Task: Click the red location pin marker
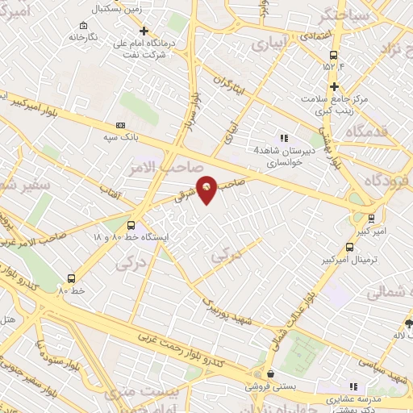pos(207,189)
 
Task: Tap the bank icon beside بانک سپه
pos(121,125)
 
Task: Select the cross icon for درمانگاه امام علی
pos(144,31)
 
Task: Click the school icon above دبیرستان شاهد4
pos(283,137)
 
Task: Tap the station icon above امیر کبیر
pos(371,217)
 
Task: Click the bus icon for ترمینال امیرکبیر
pos(349,248)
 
